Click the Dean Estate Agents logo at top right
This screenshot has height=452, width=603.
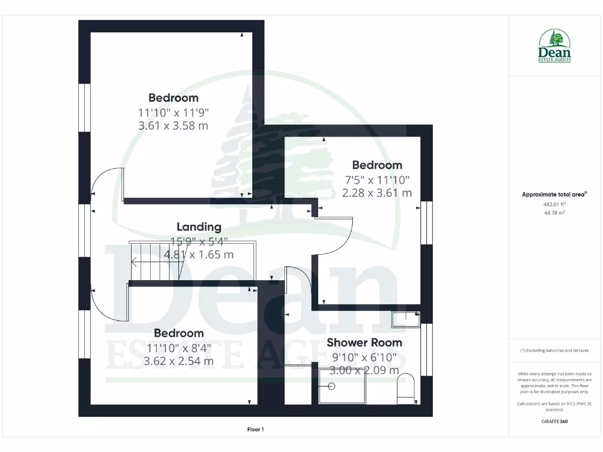(555, 46)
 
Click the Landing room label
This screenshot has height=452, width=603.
(199, 227)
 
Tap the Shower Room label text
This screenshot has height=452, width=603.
(365, 343)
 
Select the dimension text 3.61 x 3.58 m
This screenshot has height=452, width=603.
(173, 125)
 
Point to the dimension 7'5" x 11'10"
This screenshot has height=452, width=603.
(377, 179)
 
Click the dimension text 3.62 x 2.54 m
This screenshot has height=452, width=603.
(178, 361)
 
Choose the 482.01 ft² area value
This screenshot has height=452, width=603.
(554, 204)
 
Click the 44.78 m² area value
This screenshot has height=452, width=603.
(554, 213)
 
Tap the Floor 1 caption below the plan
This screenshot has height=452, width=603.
(255, 430)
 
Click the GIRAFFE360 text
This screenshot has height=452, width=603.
(554, 421)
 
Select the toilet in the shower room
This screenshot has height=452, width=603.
(406, 390)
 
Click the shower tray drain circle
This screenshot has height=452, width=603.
(331, 387)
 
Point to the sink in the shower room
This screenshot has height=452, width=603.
(406, 320)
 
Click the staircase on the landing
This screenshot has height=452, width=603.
(155, 262)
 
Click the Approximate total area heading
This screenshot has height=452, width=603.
(554, 194)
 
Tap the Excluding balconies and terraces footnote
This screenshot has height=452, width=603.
(554, 350)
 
